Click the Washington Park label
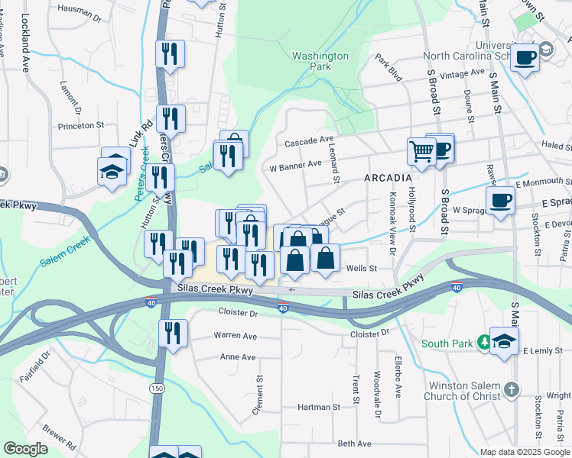coord(320,61)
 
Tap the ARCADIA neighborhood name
coord(388,177)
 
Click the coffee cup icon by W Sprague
coord(500,200)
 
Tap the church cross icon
coord(512,390)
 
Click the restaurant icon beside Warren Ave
coord(173,333)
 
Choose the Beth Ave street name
coord(354,443)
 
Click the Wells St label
coord(362,268)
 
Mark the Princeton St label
coord(81,125)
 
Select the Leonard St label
coord(335,166)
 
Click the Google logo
coord(25,449)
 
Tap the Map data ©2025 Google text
coord(525,452)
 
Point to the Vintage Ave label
coord(466,73)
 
